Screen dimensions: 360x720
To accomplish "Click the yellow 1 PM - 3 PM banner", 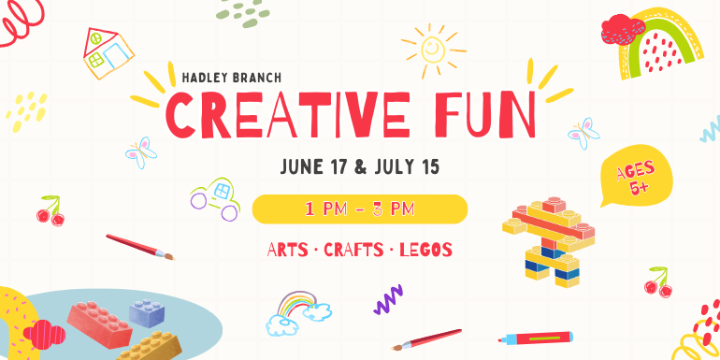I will pos(360,209).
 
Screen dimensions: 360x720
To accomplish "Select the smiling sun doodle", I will pos(432,48).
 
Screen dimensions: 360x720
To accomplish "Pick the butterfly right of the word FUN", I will pos(583,132).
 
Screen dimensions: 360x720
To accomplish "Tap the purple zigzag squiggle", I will pos(388,299).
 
